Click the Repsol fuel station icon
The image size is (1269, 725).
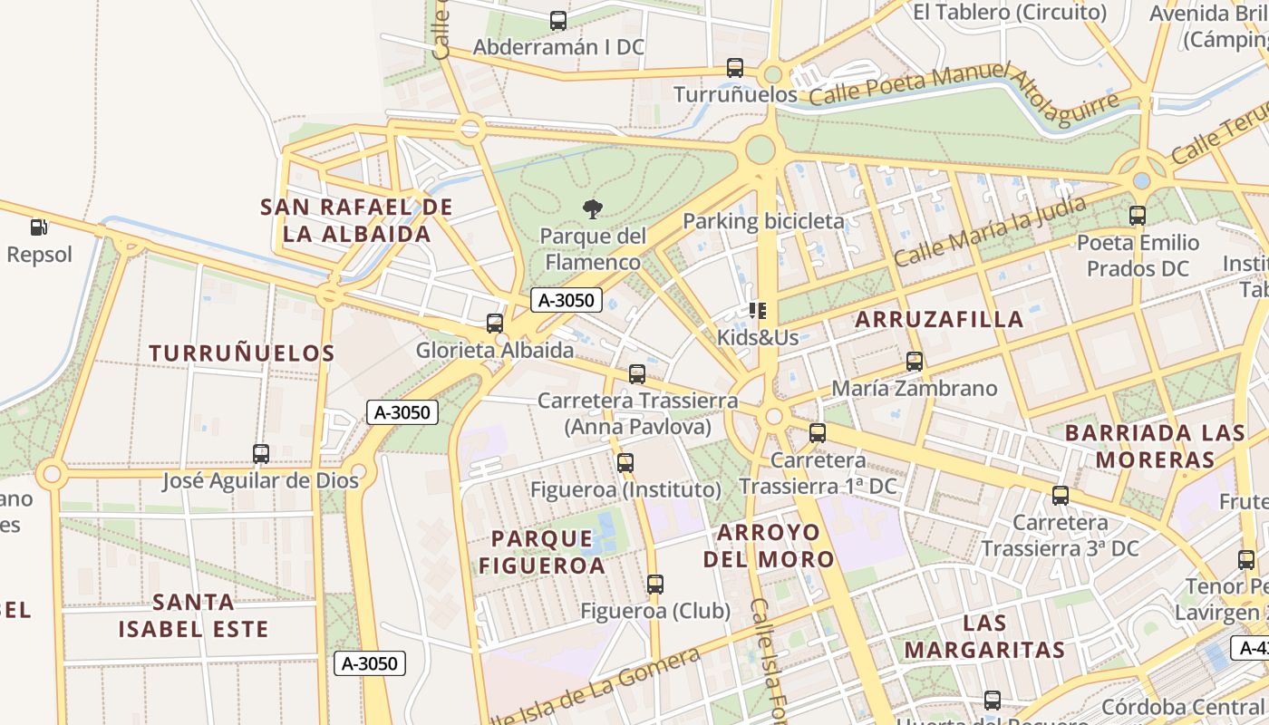[38, 227]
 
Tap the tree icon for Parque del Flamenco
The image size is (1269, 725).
[593, 210]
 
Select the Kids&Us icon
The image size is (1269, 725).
[758, 312]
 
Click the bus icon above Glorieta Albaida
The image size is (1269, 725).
[495, 323]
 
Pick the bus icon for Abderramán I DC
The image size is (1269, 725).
[558, 20]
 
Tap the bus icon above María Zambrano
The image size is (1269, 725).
[915, 361]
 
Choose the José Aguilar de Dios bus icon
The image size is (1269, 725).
[261, 453]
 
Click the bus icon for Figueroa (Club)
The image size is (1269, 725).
[655, 585]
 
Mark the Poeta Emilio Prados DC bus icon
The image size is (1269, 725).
[1138, 216]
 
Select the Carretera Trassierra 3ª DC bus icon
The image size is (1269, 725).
[1061, 496]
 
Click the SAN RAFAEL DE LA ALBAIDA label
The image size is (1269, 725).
[356, 221]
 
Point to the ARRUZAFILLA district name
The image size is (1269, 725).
[939, 319]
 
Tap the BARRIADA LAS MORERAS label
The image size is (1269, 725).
[1155, 446]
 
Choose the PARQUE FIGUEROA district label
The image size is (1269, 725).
[541, 552]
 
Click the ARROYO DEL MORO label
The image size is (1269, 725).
[769, 546]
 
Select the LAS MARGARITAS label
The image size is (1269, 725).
[984, 636]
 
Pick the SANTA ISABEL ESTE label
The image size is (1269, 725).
[194, 615]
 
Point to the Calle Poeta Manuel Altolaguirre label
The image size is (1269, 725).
[964, 92]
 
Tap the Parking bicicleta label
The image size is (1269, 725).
[763, 221]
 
